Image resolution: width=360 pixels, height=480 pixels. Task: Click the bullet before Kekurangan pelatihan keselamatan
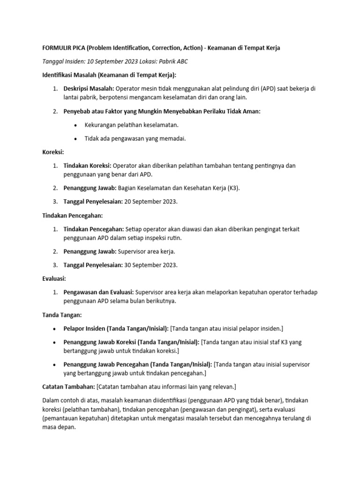tap(76, 125)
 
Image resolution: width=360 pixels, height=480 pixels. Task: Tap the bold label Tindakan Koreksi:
tap(88, 165)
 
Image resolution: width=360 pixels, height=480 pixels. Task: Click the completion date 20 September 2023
tap(150, 201)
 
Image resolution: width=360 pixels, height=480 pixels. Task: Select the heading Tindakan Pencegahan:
tap(72, 216)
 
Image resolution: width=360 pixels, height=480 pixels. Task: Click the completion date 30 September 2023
tap(150, 265)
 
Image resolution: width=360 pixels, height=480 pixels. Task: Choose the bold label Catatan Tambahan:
tap(68, 386)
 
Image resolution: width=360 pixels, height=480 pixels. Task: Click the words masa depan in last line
tap(59, 427)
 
